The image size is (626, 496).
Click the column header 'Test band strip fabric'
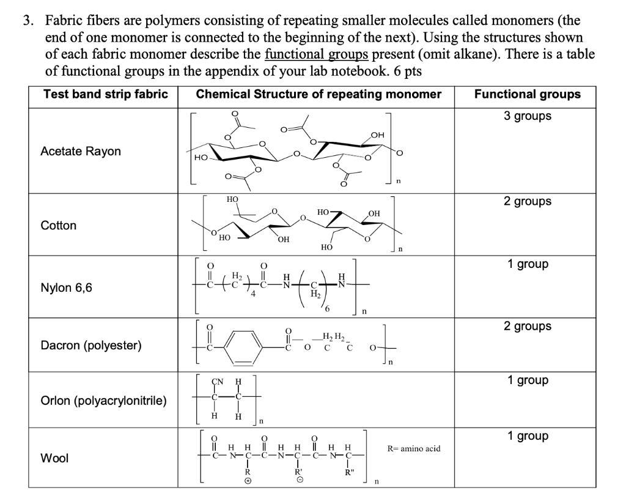pyautogui.click(x=105, y=94)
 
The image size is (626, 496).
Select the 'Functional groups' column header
pyautogui.click(x=528, y=94)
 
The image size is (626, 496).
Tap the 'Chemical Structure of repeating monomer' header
pyautogui.click(x=319, y=94)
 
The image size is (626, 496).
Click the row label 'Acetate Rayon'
pyautogui.click(x=81, y=151)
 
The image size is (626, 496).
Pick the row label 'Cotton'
pyautogui.click(x=59, y=225)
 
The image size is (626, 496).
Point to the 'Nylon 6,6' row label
pyautogui.click(x=67, y=287)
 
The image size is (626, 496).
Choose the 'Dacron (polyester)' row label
pyautogui.click(x=91, y=345)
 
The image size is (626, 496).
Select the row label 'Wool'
pyautogui.click(x=54, y=457)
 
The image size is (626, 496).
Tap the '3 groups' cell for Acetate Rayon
pyautogui.click(x=528, y=116)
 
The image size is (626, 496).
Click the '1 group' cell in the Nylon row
pyautogui.click(x=528, y=264)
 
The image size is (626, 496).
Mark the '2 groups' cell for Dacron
pyautogui.click(x=528, y=326)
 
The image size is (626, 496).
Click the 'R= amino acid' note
pyautogui.click(x=414, y=448)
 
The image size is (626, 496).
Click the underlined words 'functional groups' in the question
pyautogui.click(x=315, y=54)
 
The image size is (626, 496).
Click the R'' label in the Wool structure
pyautogui.click(x=349, y=472)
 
